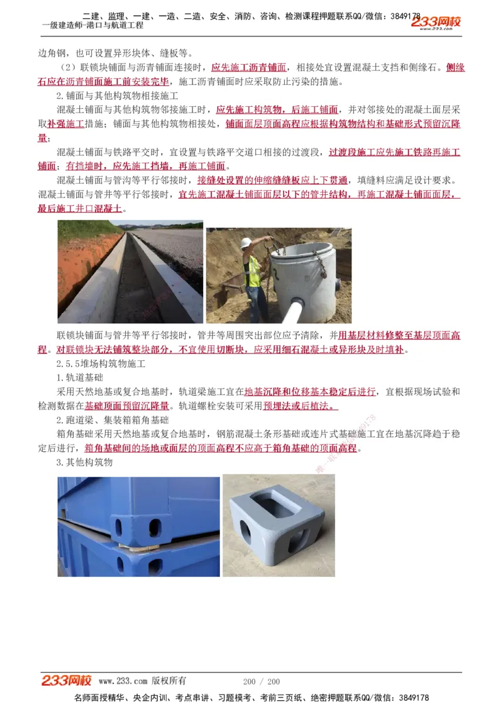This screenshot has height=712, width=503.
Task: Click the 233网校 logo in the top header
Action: (436, 23)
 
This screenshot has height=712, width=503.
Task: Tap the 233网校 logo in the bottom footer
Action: (67, 681)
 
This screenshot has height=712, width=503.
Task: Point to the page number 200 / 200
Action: (261, 681)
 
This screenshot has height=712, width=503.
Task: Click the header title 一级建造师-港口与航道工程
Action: (92, 25)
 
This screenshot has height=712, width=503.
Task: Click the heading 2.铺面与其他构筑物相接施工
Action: (118, 96)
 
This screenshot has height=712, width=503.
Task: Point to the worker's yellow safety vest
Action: (253, 270)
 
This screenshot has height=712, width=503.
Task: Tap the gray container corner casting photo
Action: (278, 525)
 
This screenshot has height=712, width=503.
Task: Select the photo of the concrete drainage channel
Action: (130, 272)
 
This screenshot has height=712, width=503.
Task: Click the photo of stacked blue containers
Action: (138, 526)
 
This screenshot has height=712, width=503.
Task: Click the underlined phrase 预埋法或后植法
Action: (300, 406)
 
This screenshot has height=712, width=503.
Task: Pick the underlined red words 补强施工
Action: (65, 124)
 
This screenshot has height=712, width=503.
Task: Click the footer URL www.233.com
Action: (123, 681)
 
